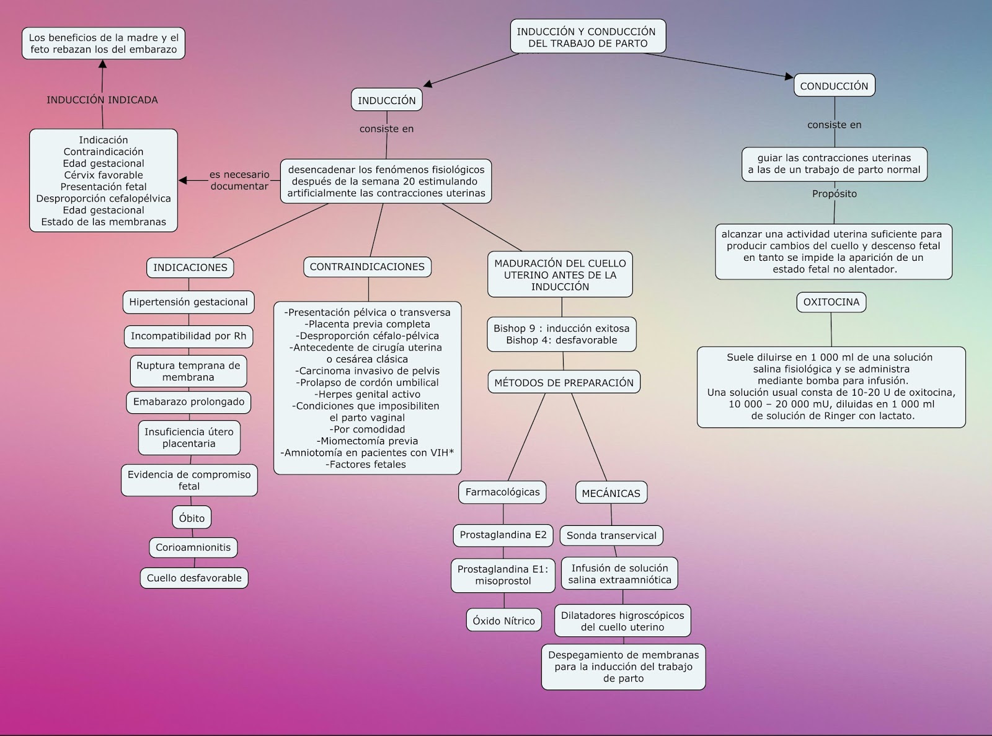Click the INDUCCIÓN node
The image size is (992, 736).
[x=387, y=100]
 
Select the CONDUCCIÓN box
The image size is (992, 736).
[x=834, y=86]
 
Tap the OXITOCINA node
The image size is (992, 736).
[x=831, y=302]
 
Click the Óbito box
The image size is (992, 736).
[x=192, y=518]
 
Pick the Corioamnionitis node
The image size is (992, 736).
[x=193, y=548]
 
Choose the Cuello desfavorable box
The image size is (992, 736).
[x=194, y=578]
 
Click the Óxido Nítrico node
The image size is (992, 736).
[x=503, y=621]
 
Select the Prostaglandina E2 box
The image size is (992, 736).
[x=503, y=535]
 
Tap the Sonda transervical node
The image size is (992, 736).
[x=611, y=536]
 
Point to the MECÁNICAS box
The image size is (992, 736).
[x=611, y=493]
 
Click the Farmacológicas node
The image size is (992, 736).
[x=503, y=492]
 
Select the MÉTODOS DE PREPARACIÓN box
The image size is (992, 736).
[x=564, y=382]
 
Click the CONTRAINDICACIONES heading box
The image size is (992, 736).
[x=367, y=267]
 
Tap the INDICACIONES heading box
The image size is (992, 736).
[x=190, y=268]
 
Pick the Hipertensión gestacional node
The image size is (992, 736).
[x=188, y=302]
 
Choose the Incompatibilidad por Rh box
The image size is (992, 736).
[x=188, y=336]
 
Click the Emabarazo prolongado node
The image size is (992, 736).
[x=188, y=402]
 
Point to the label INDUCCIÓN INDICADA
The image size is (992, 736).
[x=102, y=100]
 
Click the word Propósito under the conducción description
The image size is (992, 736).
[x=835, y=194]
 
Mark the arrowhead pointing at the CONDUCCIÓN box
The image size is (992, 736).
[x=789, y=77]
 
